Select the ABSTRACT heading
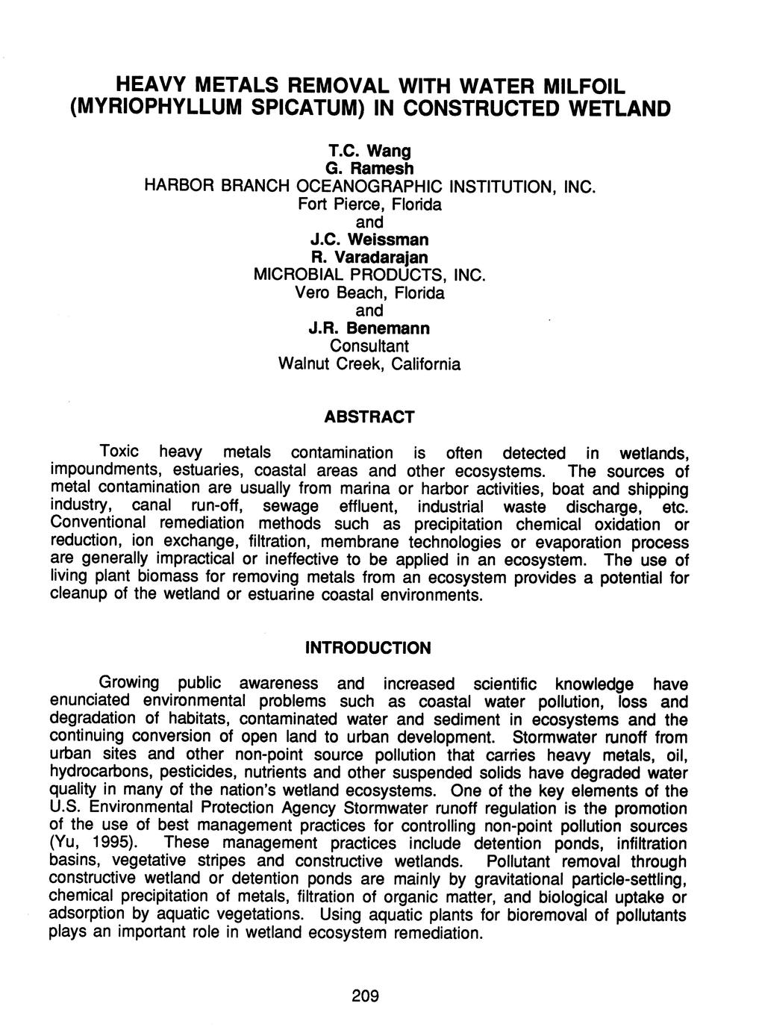pos(369,416)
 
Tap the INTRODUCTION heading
pos(369,647)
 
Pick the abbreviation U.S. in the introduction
pos(64,808)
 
